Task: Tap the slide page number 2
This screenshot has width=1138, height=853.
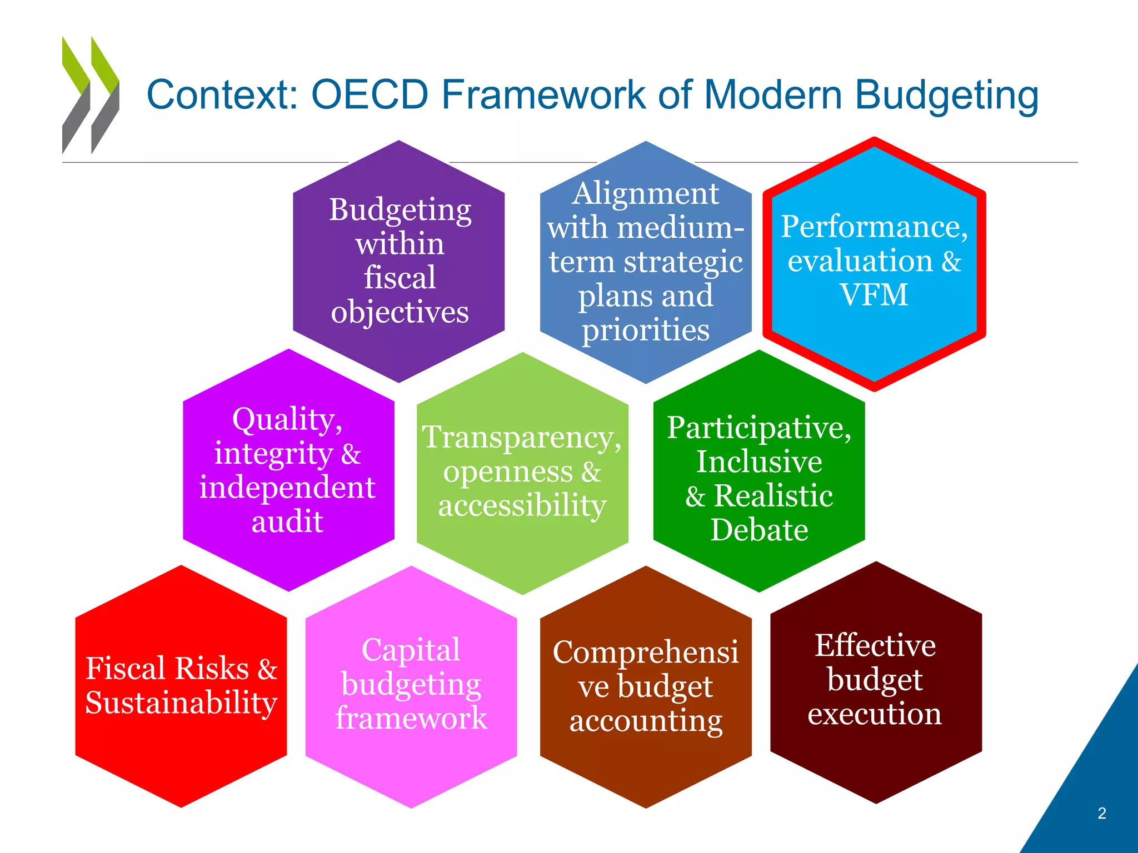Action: click(1102, 814)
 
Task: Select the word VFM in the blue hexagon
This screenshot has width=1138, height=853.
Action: click(874, 294)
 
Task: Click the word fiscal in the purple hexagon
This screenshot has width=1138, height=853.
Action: click(400, 278)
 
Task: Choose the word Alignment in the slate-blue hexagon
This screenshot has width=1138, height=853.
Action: click(646, 193)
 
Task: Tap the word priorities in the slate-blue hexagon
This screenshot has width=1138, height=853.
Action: click(646, 330)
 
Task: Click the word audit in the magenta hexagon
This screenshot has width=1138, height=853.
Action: click(287, 521)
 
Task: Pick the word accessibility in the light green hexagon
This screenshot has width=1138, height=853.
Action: click(522, 505)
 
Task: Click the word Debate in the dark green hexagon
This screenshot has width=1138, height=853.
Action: click(759, 530)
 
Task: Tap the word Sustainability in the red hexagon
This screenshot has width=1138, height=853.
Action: click(181, 703)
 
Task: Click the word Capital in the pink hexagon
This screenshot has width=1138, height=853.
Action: click(411, 650)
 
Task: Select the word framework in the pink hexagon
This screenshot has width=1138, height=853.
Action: click(411, 718)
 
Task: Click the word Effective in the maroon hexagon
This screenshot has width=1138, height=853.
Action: click(875, 645)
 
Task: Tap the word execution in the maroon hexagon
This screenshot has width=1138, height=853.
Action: click(875, 714)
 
